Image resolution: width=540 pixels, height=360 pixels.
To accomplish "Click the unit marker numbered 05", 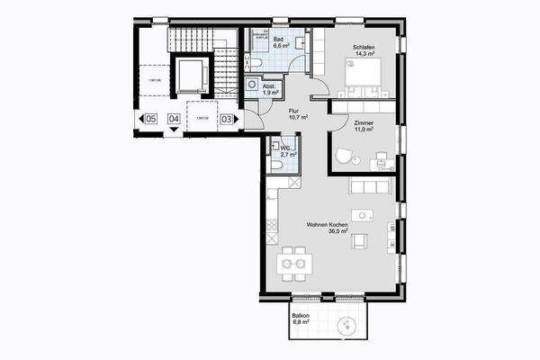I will point(150,118).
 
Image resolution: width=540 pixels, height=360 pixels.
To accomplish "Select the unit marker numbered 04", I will point(174,118).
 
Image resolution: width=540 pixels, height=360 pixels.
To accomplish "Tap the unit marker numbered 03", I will point(227,118).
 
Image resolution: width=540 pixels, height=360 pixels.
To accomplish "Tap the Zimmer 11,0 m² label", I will point(363,127).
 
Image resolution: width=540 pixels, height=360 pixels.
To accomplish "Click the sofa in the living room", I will point(369,187).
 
